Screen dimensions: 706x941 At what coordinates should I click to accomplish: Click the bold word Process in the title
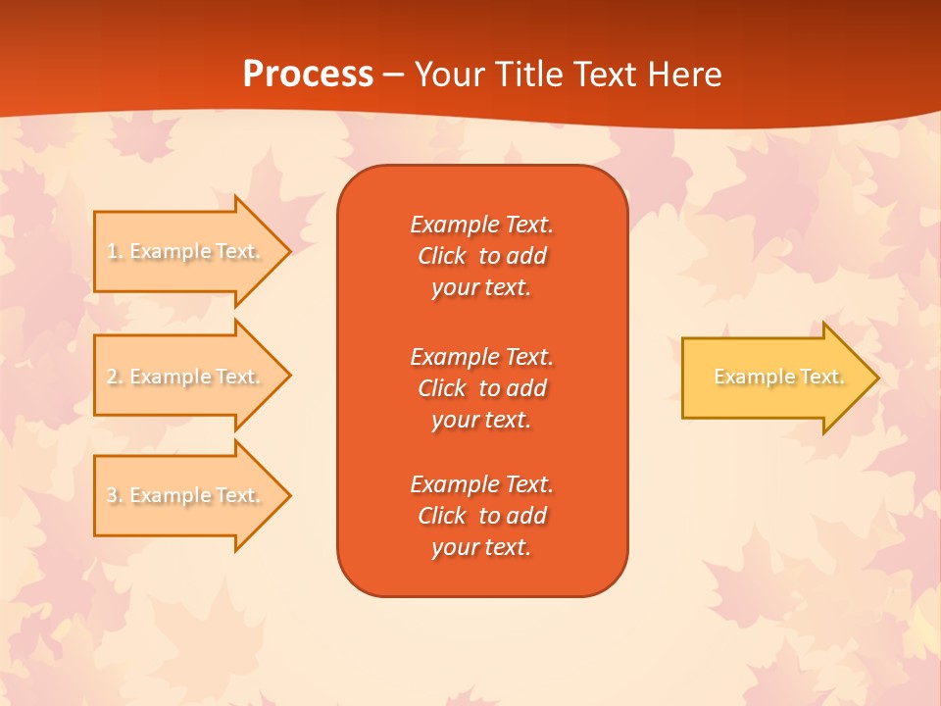(308, 75)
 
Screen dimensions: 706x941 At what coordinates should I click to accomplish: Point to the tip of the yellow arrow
(875, 378)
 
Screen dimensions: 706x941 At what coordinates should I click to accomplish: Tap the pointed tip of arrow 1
(288, 251)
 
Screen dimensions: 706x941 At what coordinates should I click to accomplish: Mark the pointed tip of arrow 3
(288, 495)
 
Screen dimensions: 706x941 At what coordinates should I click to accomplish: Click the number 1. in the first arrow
(115, 252)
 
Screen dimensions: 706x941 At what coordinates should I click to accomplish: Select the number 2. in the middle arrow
(115, 377)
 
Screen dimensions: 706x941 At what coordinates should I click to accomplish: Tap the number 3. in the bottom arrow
(115, 496)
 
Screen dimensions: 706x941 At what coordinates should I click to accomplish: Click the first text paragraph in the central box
(481, 256)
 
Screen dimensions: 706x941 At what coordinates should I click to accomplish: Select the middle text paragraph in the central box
(481, 388)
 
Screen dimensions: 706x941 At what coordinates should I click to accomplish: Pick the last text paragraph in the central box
(481, 516)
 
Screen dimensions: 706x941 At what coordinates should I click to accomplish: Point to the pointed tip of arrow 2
(288, 377)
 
